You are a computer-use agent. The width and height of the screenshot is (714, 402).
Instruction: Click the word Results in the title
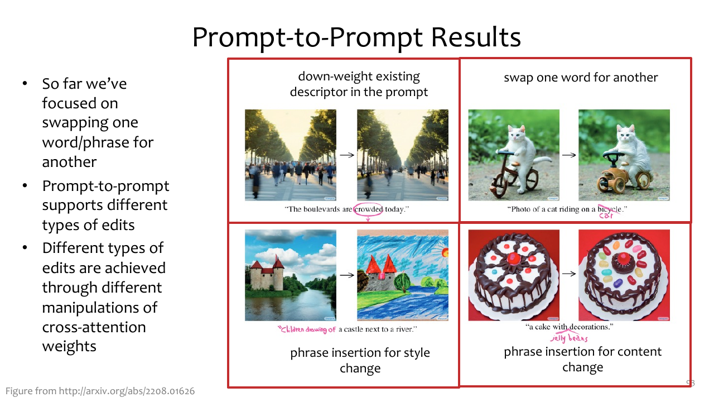[x=476, y=37]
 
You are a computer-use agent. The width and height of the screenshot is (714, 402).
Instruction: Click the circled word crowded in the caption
[x=368, y=209]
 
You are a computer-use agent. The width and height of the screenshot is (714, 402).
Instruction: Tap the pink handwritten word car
[x=606, y=216]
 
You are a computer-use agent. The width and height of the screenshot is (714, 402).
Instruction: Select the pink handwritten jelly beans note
[x=569, y=338]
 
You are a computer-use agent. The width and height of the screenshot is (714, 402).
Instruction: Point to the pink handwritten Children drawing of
[x=307, y=329]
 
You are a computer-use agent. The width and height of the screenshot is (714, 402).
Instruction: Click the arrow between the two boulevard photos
[x=347, y=155]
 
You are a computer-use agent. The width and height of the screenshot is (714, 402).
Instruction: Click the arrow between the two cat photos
[x=568, y=155]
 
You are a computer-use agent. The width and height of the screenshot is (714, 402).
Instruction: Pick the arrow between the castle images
[x=347, y=275]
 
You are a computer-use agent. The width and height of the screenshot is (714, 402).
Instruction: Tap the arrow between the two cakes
[x=568, y=274]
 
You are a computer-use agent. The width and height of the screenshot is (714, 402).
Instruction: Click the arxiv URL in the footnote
[x=127, y=391]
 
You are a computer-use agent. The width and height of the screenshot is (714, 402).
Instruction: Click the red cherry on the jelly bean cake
[x=623, y=258]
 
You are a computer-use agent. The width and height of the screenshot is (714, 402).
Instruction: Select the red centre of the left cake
[x=513, y=258]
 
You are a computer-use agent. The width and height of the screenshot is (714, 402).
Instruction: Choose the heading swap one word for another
[x=581, y=78]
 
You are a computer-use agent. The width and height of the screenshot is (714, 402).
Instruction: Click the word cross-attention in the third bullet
[x=94, y=327]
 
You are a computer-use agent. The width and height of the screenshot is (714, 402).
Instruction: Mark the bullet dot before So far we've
[x=25, y=84]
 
